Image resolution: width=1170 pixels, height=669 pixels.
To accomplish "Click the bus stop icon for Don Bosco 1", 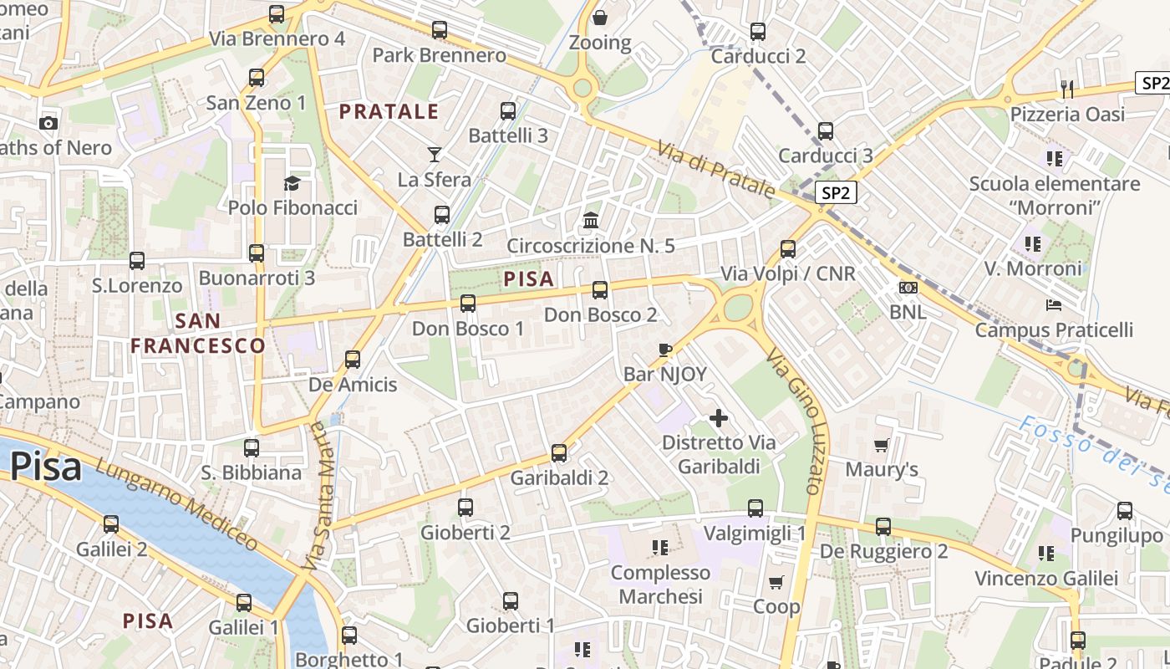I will point(468,303).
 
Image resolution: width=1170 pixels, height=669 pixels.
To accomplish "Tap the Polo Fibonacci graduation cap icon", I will point(292,183).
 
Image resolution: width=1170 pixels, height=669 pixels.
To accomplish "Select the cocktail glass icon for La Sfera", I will point(434,154).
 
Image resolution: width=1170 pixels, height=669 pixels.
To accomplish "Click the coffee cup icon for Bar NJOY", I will point(665,349).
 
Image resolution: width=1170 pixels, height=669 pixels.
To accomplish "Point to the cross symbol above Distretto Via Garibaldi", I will point(718,417).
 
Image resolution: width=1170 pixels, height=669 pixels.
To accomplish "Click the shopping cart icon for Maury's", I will point(881,445).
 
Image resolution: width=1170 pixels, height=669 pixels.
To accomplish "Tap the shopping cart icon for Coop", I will point(776,582).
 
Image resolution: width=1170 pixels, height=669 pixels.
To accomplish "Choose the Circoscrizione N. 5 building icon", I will point(591,221).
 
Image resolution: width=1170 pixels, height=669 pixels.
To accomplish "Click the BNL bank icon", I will point(908,288).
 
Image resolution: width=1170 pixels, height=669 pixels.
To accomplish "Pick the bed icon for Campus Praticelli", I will point(1054,305).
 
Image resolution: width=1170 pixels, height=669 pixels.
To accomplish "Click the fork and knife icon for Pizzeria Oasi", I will point(1067,89).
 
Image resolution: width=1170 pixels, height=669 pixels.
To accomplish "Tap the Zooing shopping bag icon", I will point(599,18).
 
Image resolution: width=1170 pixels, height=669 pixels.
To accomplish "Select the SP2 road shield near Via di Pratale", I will point(836,193).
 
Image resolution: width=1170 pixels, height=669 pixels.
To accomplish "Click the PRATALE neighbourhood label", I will point(389,111).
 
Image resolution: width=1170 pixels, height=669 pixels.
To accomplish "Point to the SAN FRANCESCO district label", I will point(198,333).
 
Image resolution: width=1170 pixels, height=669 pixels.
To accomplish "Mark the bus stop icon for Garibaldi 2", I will point(559,453).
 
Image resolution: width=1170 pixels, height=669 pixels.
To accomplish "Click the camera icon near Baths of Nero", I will point(48,123).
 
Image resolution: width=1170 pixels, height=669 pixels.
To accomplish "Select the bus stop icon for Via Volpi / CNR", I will point(787,248).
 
